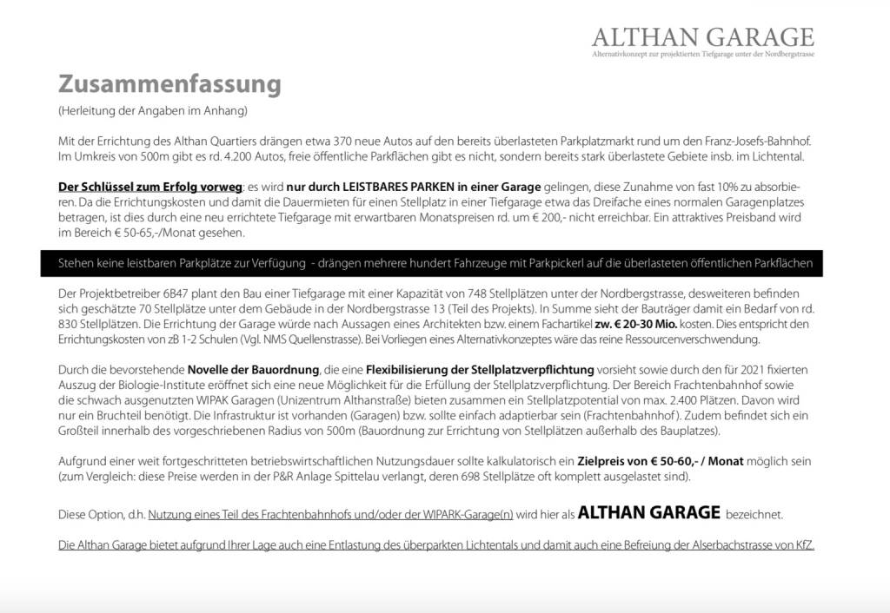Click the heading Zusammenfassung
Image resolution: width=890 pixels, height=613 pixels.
pyautogui.click(x=169, y=84)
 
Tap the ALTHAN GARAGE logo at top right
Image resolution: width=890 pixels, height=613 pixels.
pyautogui.click(x=702, y=37)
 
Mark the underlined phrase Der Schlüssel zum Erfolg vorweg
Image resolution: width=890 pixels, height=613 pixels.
pyautogui.click(x=149, y=188)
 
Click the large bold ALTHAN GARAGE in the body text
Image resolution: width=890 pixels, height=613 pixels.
pyautogui.click(x=648, y=512)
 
